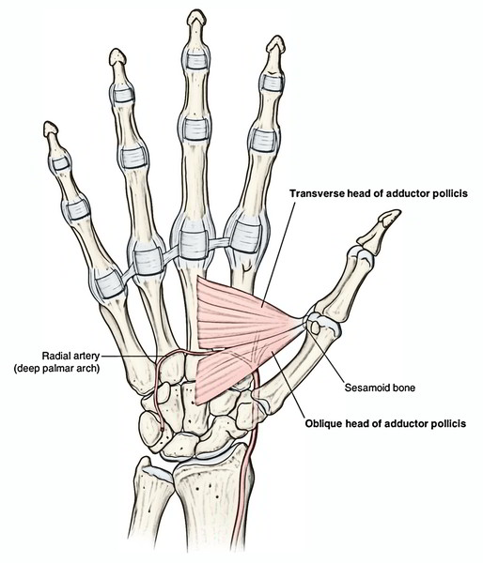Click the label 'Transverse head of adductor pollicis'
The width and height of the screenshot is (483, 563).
coord(379,193)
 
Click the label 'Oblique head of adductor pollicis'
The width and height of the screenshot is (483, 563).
coord(385,424)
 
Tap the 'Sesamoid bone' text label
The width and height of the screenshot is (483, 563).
coord(380,388)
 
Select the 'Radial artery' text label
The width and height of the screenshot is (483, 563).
coord(70,356)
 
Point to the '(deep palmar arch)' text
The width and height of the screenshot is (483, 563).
coord(56,369)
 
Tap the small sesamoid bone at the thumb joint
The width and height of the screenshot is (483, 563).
coord(316,327)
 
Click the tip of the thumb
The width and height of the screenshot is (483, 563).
coord(399,212)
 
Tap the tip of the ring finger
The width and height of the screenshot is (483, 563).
coord(117,51)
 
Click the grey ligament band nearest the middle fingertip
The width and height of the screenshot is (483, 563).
coord(196,61)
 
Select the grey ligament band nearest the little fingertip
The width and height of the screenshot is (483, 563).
coord(60,163)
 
